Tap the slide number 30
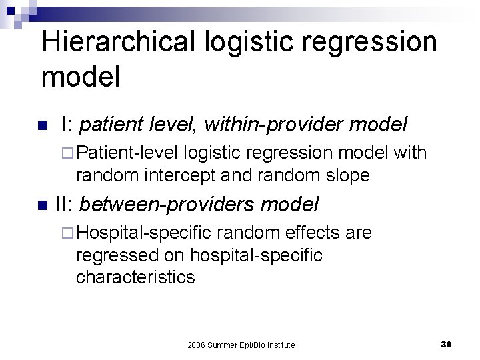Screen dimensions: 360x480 (x=447, y=344)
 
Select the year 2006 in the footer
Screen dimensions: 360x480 (x=197, y=345)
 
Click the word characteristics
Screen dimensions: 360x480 (x=135, y=277)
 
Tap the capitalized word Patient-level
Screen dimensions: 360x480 (x=127, y=153)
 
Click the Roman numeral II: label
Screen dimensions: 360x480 (x=65, y=204)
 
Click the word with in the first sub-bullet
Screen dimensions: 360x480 (x=410, y=153)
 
